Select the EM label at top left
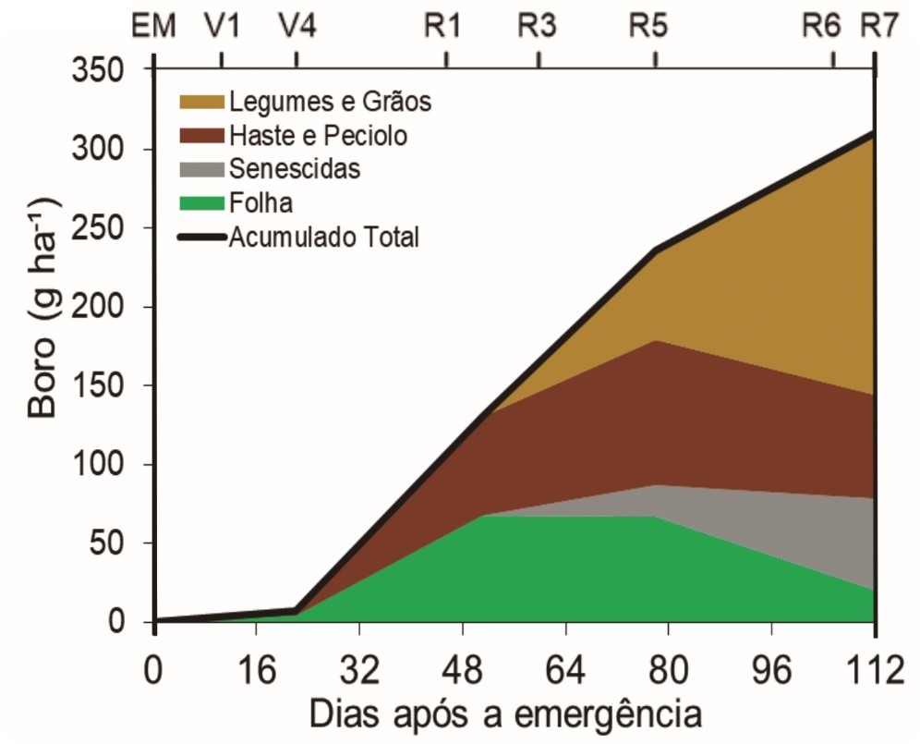pos(154,26)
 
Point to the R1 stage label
pos(444,26)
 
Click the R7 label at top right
pos(878,26)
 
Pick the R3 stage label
pos(537,26)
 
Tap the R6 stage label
pos(821,26)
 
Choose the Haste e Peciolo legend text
pos(319,136)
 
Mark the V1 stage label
pos(222,26)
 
